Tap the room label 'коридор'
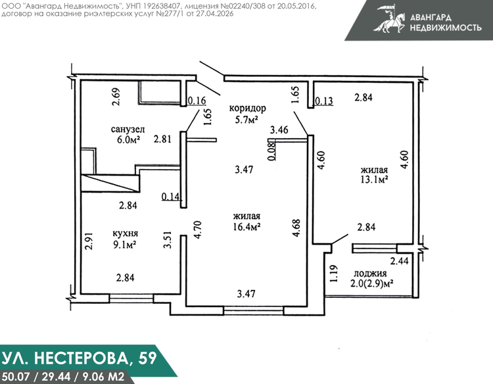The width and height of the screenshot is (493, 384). point(247,108)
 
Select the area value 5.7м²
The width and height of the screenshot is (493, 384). point(246,120)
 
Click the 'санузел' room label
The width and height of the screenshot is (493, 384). point(128,130)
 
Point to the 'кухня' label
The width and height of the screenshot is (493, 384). point(125,233)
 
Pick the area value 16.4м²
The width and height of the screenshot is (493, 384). point(246,226)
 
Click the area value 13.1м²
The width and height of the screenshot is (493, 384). point(374,180)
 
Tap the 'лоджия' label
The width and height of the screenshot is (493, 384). point(370,274)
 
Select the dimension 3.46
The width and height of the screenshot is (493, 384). point(279,130)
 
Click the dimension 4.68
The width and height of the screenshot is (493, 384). point(296,228)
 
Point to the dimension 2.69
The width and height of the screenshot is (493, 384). point(116,97)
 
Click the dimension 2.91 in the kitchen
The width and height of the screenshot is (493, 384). point(89,241)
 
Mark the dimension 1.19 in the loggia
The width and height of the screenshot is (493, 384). point(334,274)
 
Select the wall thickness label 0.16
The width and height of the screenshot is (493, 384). point(197,101)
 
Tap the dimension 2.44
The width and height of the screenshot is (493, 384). point(399,261)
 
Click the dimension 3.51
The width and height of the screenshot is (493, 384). point(168,240)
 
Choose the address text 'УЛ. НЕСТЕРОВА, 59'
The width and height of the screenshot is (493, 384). point(80,358)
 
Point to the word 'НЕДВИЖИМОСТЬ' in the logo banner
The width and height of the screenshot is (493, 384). point(446,28)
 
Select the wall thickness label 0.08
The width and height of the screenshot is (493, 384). point(273,151)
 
